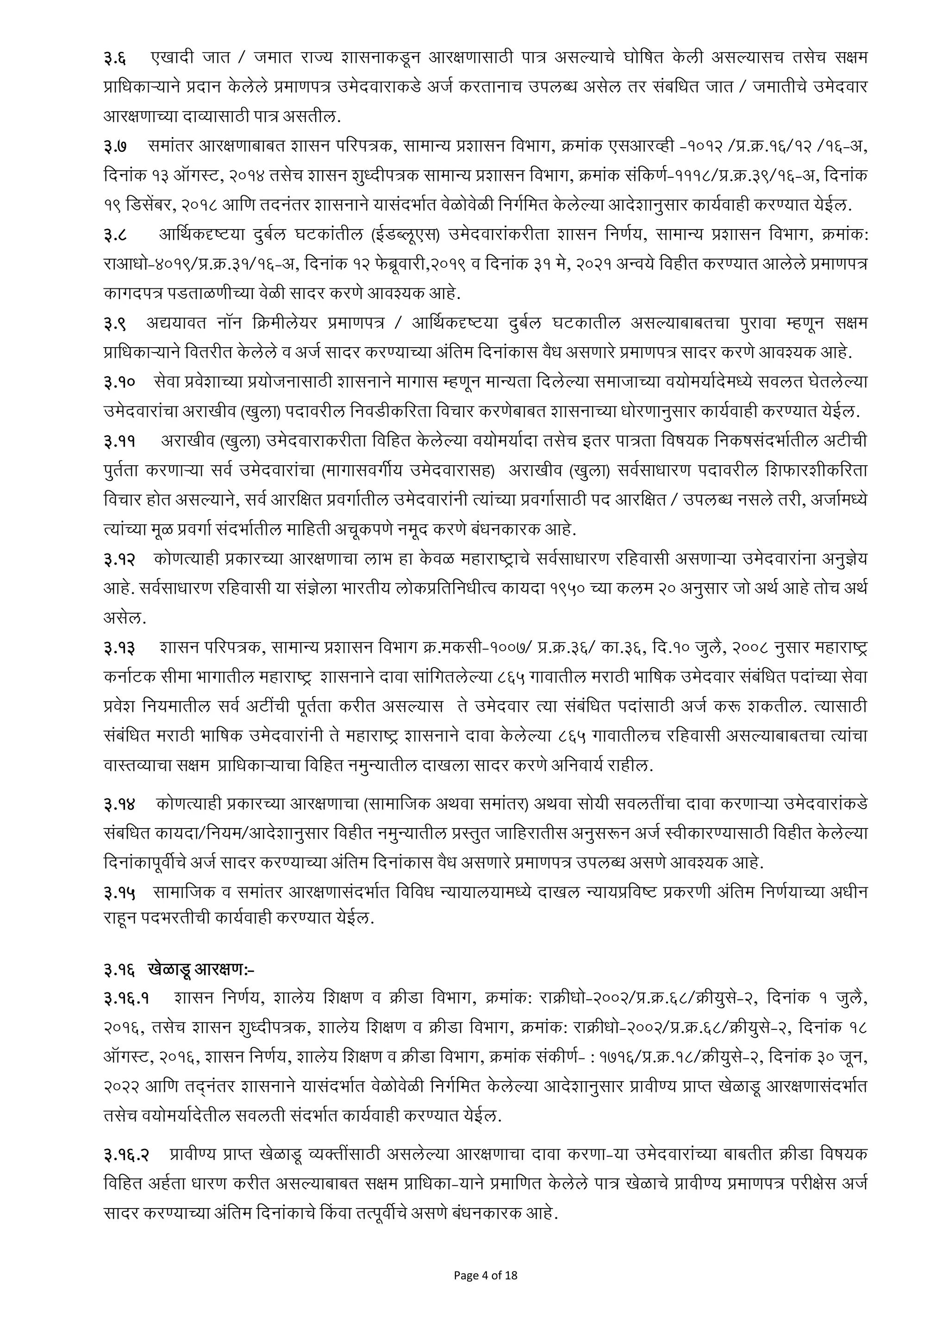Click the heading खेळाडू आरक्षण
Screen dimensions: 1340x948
coord(201,970)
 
